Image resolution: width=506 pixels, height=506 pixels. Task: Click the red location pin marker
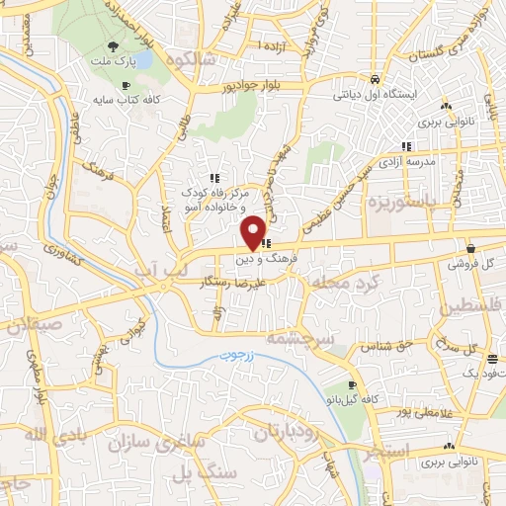point(254,232)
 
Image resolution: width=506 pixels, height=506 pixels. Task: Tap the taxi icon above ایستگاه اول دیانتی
point(375,79)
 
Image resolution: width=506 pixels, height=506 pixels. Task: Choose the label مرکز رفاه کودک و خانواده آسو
point(212,196)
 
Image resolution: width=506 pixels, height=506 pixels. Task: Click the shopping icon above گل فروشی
point(468,248)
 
